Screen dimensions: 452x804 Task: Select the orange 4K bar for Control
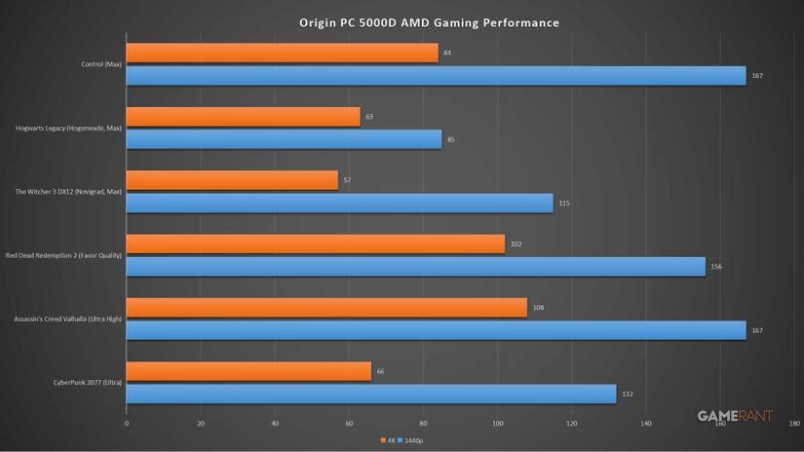tap(283, 53)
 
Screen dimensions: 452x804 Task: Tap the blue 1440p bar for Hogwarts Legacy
tap(284, 139)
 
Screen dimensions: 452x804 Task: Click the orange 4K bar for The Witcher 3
tap(232, 180)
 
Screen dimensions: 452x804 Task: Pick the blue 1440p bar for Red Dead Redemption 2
tap(416, 267)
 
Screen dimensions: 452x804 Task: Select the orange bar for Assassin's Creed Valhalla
tap(326, 308)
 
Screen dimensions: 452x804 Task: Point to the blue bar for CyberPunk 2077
tap(371, 394)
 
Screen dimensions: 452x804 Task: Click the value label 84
tap(447, 53)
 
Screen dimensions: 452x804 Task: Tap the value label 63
tap(369, 117)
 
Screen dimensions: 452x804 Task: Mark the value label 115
tap(563, 203)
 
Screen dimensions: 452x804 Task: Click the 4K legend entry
tap(389, 440)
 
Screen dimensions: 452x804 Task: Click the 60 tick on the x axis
tap(349, 424)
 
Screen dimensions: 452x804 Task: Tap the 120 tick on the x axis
tap(572, 424)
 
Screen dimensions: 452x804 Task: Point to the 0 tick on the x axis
tap(127, 424)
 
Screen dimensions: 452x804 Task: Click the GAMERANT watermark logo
tap(735, 416)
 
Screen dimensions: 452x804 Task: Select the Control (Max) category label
tap(102, 64)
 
